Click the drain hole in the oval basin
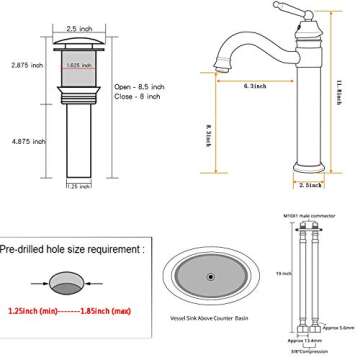(210, 273)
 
